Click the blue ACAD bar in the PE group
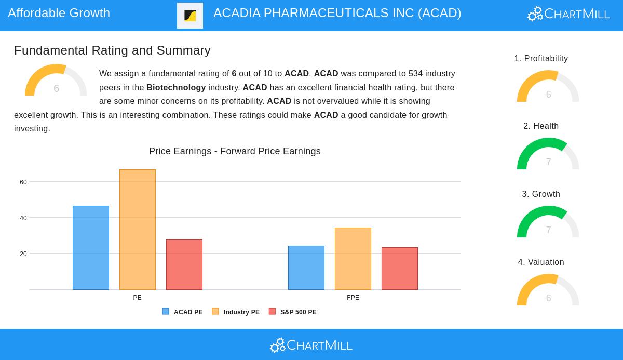[x=91, y=248]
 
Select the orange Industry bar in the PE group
[x=138, y=230]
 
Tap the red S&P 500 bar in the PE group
[x=184, y=264]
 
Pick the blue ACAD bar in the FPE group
[x=306, y=268]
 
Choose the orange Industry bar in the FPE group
[x=353, y=259]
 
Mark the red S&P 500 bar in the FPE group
[x=400, y=269]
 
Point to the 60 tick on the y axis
[x=23, y=182]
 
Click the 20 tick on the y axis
[x=23, y=254]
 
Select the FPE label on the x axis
[x=353, y=298]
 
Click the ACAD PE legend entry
[x=183, y=312]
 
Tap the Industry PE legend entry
[x=236, y=312]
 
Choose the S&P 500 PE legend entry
[x=293, y=312]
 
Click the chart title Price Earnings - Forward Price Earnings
[x=235, y=151]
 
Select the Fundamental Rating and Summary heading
[x=112, y=50]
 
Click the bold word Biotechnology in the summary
[x=176, y=88]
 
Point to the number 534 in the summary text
[x=415, y=74]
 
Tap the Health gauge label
[x=541, y=126]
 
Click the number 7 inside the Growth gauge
[x=548, y=230]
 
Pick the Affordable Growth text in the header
[x=59, y=13]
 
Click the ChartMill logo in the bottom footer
[x=311, y=345]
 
